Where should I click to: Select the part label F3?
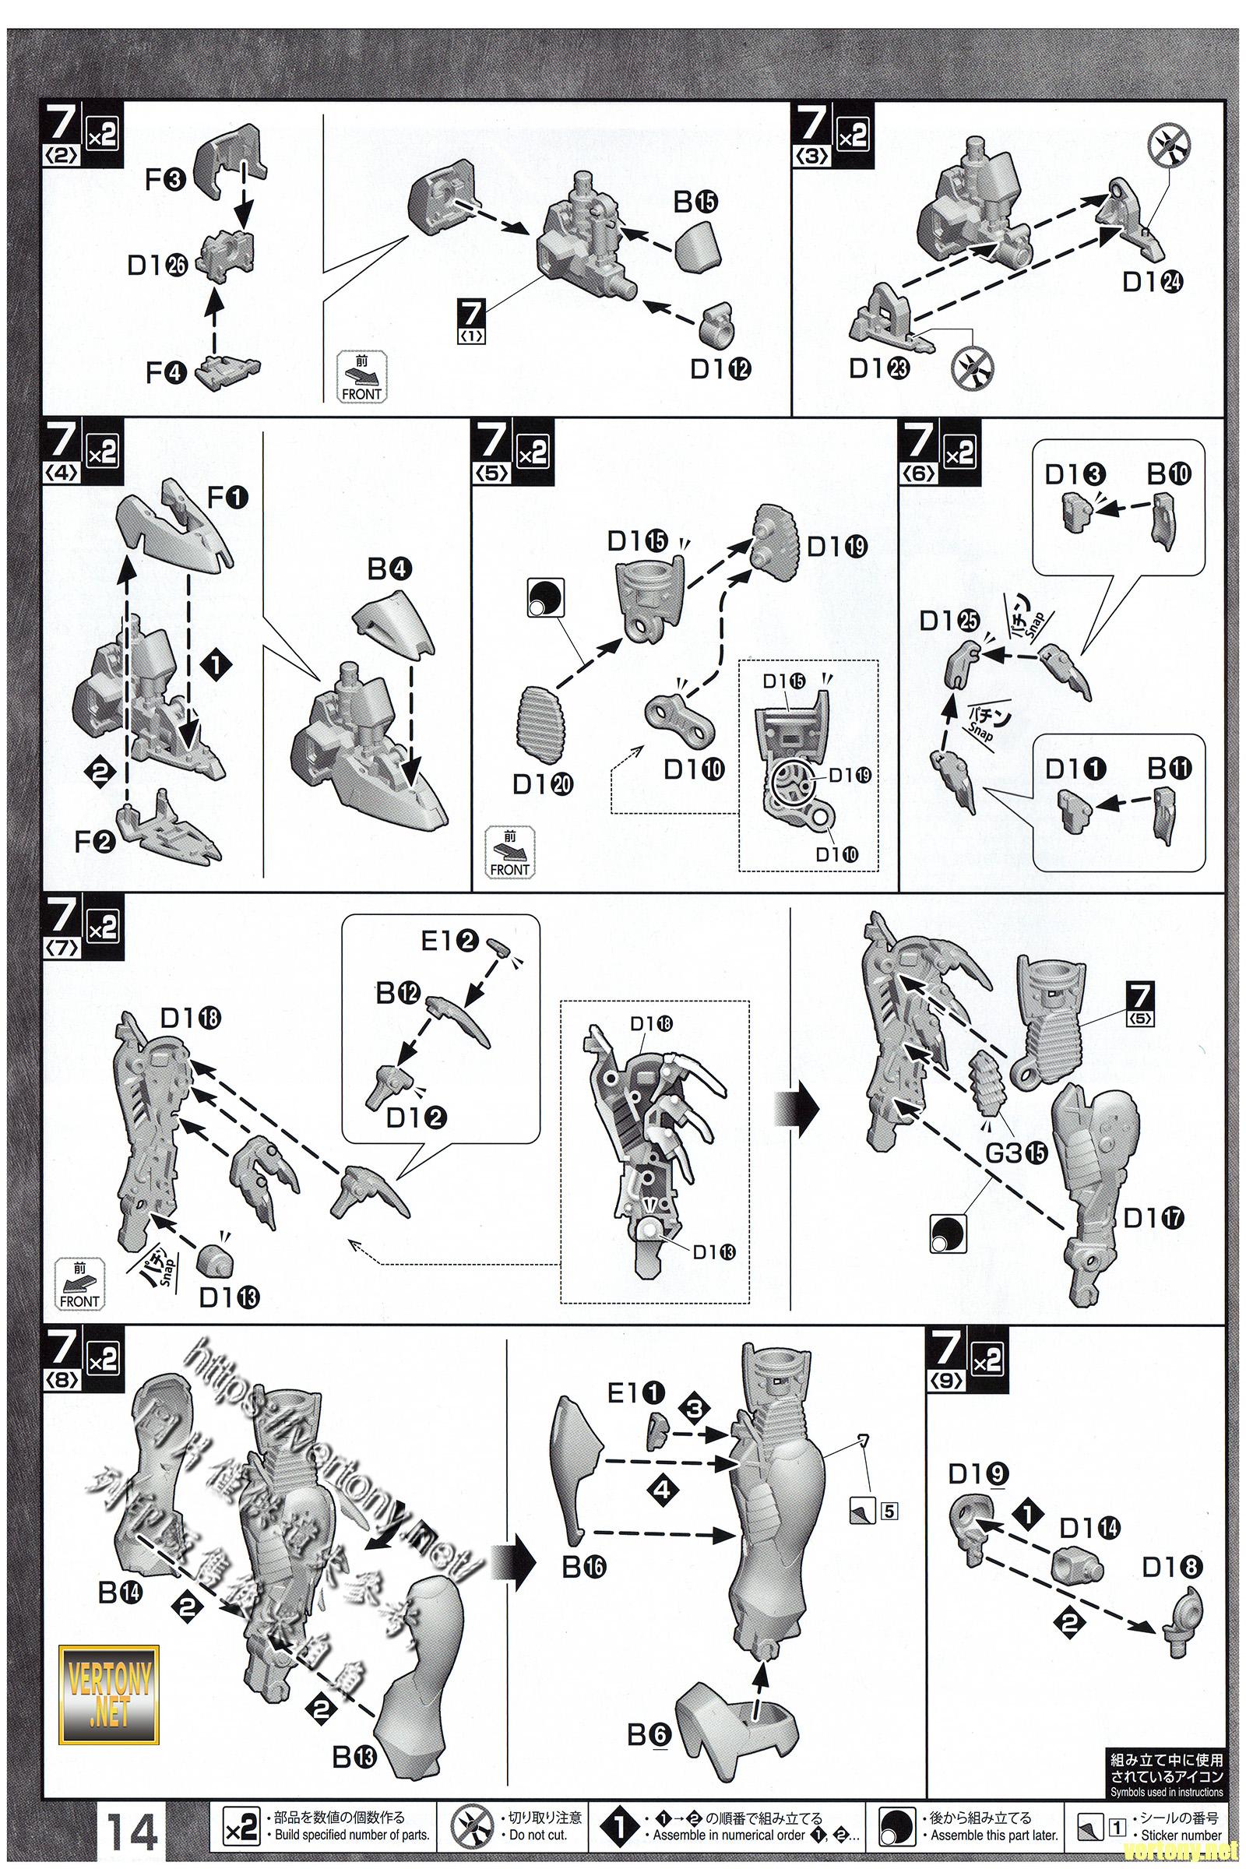(x=165, y=181)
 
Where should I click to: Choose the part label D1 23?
(x=879, y=368)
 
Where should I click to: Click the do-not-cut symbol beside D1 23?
(x=972, y=364)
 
